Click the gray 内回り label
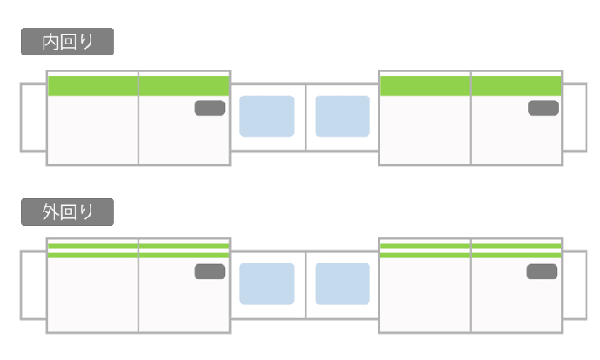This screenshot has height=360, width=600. tap(67, 42)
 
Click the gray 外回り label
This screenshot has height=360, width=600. tap(67, 211)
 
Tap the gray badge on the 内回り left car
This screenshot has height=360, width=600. tap(210, 107)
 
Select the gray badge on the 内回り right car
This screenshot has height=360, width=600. tap(543, 107)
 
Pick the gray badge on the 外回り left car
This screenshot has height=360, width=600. tap(210, 271)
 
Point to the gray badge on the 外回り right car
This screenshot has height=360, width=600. tap(542, 271)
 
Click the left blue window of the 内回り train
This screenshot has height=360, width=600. tap(267, 116)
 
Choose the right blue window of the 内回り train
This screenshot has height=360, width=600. tap(342, 116)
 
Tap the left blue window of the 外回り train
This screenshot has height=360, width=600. tap(267, 284)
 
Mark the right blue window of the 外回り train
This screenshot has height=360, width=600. tap(342, 284)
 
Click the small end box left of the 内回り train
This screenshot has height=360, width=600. tap(34, 117)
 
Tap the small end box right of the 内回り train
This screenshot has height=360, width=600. tap(575, 117)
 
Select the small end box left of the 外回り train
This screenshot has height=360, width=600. tap(34, 284)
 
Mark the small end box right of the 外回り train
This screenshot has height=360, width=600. tap(575, 284)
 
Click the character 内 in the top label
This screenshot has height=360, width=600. tap(50, 42)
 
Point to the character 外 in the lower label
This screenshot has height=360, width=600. tap(50, 211)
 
